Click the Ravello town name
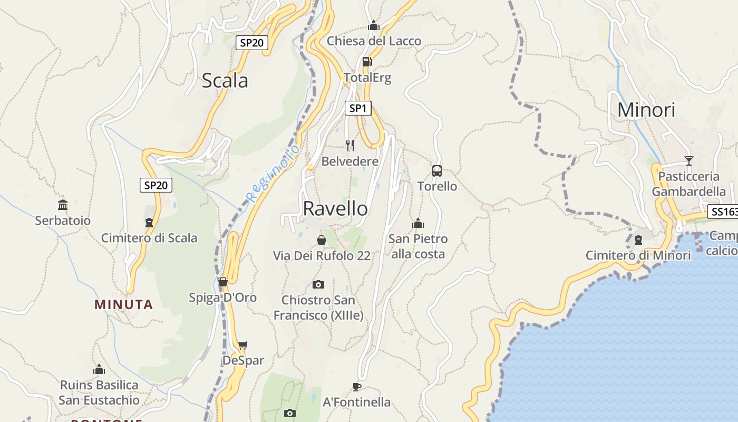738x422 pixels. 335,209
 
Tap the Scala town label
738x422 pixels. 225,81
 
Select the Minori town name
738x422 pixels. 646,110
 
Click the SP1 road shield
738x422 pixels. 358,108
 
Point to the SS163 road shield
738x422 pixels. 723,212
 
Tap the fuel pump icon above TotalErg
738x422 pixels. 367,61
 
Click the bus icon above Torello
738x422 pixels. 437,171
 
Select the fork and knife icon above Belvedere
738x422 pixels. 350,145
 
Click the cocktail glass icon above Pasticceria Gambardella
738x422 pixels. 688,161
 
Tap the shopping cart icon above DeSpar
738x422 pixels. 242,346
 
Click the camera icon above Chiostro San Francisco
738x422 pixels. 318,285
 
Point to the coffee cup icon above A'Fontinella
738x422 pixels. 357,387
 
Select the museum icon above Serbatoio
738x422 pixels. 63,205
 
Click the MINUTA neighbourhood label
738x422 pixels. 124,304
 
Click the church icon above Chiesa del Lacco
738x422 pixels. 374,25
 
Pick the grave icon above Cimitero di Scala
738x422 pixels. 149,223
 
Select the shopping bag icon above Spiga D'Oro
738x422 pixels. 223,282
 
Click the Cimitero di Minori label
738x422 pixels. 638,256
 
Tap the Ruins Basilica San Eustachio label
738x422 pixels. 99,392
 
